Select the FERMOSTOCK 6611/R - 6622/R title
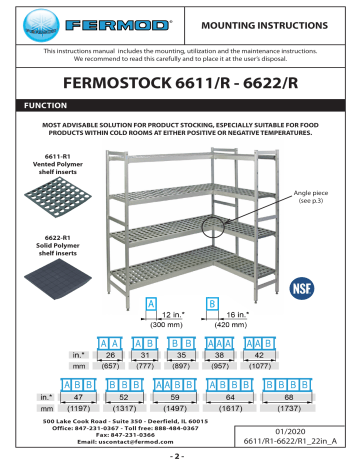[180, 79]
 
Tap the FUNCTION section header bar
[180, 105]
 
